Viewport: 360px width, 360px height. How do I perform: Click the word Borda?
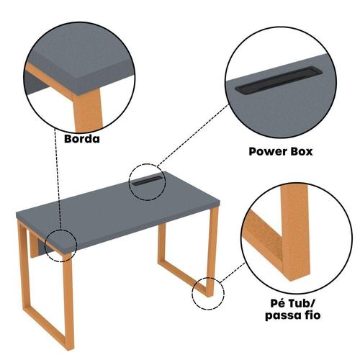(x=82, y=139)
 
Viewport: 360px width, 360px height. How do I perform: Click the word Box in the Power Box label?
(x=302, y=152)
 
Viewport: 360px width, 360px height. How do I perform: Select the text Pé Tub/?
(x=292, y=303)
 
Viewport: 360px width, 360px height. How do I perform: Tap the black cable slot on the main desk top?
(x=147, y=181)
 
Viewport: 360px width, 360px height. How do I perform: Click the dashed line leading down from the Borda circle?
(x=58, y=179)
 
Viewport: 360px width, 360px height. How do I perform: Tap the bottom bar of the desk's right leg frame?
(x=184, y=278)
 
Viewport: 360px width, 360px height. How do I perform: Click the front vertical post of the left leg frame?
(x=68, y=301)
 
